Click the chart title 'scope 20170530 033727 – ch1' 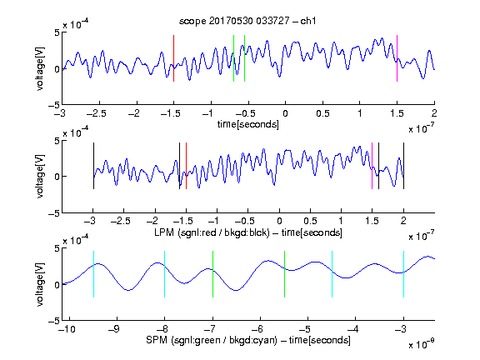click(247, 21)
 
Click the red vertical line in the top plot click(173, 58)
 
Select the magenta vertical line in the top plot click(397, 58)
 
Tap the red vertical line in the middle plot click(186, 166)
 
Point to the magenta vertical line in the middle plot click(372, 166)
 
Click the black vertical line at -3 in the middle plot click(93, 166)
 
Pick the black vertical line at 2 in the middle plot click(403, 166)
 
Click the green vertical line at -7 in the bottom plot click(212, 274)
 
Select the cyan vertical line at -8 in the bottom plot click(165, 274)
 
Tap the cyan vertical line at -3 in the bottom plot click(403, 274)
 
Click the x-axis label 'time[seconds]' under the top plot click(248, 124)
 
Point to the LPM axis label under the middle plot click(248, 232)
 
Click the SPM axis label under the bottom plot click(248, 340)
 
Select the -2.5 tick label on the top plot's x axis click(97, 113)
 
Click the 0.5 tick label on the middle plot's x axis click(310, 221)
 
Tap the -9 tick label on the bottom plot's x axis click(114, 329)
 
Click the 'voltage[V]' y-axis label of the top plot click(40, 68)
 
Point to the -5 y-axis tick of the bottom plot click(54, 321)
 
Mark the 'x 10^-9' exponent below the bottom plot click(422, 344)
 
